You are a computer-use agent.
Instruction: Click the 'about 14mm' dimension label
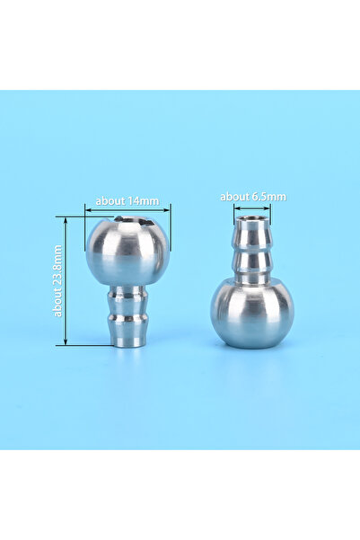click(127, 200)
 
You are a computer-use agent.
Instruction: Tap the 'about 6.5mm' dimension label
click(253, 197)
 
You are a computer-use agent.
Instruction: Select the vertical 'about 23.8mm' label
click(57, 280)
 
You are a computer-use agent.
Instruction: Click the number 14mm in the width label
click(143, 200)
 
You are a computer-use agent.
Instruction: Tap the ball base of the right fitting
click(252, 314)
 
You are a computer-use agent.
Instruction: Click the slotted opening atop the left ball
click(135, 221)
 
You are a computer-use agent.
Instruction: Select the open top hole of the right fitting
click(251, 218)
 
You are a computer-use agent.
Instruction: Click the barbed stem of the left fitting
click(127, 315)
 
